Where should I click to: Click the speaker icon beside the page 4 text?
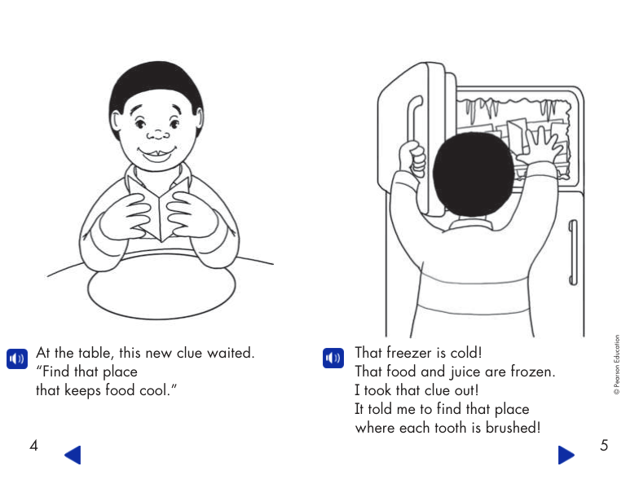click(x=17, y=359)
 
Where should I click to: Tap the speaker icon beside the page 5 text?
click(x=333, y=358)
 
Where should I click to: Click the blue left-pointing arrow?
click(x=73, y=455)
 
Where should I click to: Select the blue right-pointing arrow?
click(x=566, y=455)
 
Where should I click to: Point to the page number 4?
click(x=34, y=445)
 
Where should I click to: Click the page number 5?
click(x=604, y=445)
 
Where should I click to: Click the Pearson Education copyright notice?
click(x=616, y=365)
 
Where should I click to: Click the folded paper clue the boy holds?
click(x=159, y=208)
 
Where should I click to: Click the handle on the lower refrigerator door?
click(x=572, y=253)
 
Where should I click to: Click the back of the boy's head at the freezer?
click(x=473, y=174)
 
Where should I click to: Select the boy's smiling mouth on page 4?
click(x=156, y=154)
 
